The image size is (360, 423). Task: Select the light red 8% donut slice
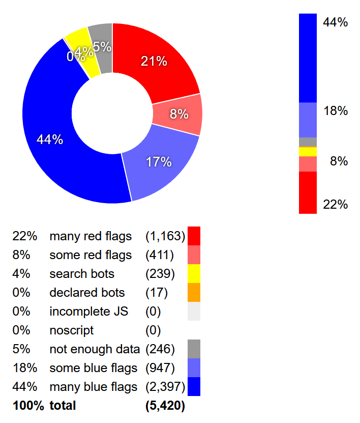click(x=178, y=114)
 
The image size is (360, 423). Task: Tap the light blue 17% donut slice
click(x=160, y=162)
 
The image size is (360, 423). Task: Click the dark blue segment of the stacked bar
click(x=308, y=58)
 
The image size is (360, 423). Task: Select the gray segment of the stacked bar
click(x=308, y=142)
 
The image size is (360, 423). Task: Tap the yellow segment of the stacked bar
click(x=308, y=152)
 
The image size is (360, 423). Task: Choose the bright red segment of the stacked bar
click(x=308, y=192)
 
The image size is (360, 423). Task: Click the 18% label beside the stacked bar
click(x=336, y=111)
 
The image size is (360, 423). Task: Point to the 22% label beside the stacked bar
click(x=336, y=205)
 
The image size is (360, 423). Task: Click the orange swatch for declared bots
click(x=194, y=292)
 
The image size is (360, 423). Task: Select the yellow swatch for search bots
click(x=194, y=273)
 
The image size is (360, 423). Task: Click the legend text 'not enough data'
click(x=95, y=349)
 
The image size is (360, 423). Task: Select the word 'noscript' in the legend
click(x=72, y=331)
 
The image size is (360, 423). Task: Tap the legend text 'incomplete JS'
click(x=89, y=312)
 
